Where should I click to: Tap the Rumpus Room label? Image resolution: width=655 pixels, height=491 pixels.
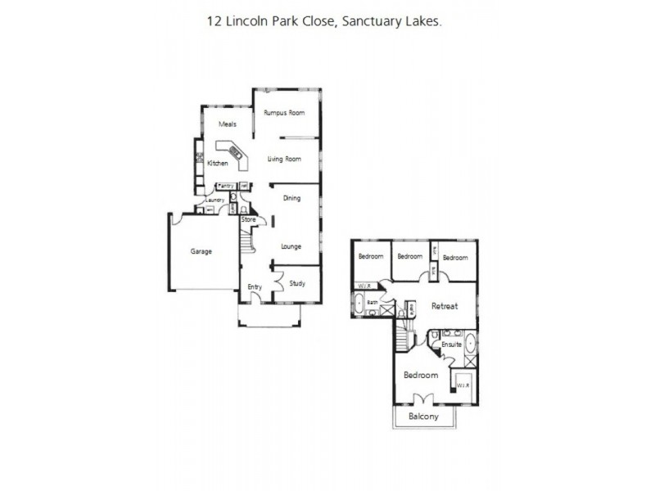coord(284,112)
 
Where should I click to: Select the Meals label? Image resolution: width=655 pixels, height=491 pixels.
coord(228,124)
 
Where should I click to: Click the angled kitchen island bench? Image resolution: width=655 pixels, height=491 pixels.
coord(230,153)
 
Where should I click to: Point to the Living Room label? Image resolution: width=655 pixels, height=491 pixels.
coord(284,159)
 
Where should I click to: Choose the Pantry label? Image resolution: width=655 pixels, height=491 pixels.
coord(226,186)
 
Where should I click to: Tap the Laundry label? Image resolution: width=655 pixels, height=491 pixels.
coord(215,200)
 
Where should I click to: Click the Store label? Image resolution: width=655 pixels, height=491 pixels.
coord(249,219)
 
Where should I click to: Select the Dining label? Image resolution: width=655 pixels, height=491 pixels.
coord(291,198)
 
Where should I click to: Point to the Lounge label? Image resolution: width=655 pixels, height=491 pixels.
coord(291,245)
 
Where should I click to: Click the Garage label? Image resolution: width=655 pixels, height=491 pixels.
coord(201,251)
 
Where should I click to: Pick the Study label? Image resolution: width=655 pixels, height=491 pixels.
coord(297,283)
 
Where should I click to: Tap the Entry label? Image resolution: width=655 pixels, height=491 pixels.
coord(255,286)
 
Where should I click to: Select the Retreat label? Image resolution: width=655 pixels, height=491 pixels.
coord(445,306)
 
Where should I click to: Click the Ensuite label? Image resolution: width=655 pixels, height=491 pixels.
coord(452,345)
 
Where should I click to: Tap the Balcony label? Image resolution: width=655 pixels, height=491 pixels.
coord(424,417)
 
